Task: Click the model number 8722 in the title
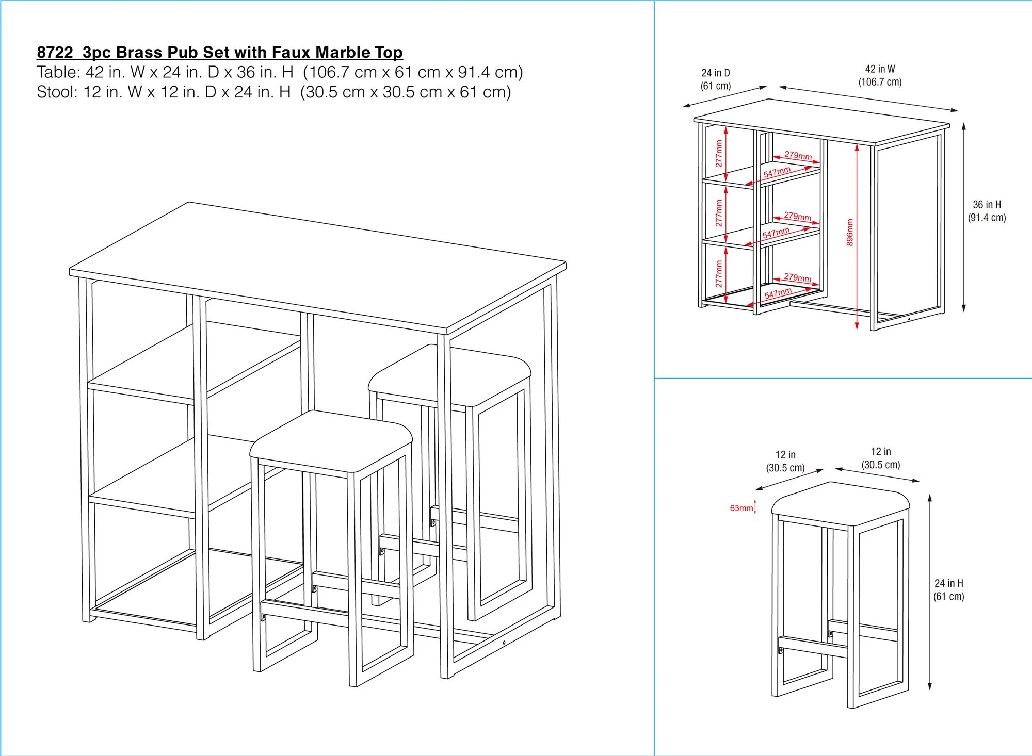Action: coord(55,53)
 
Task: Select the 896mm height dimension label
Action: coord(850,232)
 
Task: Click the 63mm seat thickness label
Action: coord(741,508)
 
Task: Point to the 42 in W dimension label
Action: coord(880,75)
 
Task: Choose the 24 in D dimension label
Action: coord(715,79)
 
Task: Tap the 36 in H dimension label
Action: coord(987,211)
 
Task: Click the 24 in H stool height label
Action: coord(948,589)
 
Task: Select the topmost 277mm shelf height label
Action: coord(719,153)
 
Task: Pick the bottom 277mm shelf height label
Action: coord(719,274)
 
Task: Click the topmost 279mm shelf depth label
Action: coord(798,155)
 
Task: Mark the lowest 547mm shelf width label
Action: coord(778,293)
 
